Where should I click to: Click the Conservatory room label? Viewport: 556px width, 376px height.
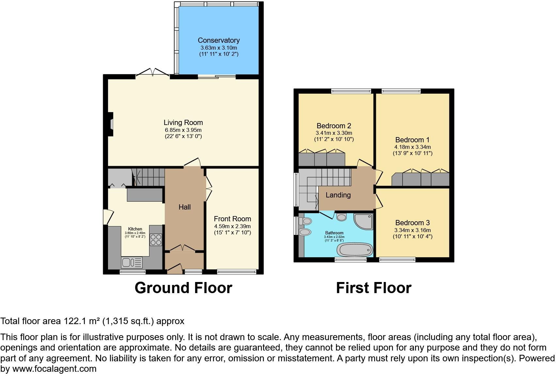tap(219, 40)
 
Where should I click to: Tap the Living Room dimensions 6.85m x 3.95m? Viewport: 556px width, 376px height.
tap(183, 130)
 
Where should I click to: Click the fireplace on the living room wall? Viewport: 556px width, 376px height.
tap(111, 124)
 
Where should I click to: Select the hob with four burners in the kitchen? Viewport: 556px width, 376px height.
tap(156, 240)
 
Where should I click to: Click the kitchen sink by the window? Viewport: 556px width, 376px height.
tap(131, 262)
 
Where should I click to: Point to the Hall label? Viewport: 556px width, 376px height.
tap(184, 207)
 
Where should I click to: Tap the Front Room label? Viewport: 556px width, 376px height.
tap(232, 219)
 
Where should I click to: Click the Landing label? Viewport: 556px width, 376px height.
tap(338, 195)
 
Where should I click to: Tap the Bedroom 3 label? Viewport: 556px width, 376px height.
tap(412, 223)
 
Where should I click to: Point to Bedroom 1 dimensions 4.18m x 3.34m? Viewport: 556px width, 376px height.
tap(412, 147)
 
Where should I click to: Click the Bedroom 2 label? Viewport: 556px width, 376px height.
tap(333, 126)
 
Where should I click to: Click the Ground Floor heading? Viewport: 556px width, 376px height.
tap(183, 288)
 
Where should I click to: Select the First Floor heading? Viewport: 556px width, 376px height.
tap(374, 288)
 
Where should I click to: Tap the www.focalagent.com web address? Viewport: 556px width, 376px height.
tap(54, 369)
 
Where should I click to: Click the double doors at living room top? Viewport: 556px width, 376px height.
tap(153, 72)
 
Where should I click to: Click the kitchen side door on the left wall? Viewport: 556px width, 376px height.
tap(108, 217)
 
